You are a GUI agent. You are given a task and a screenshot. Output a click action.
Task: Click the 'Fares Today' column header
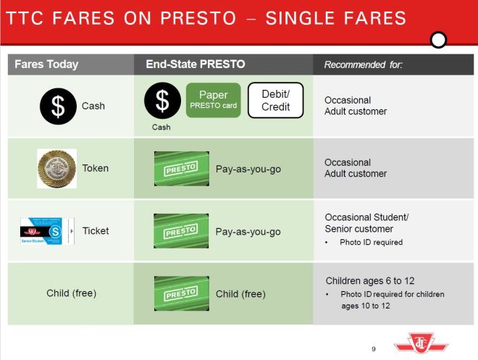(46, 64)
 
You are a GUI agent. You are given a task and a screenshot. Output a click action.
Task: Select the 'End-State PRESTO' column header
(195, 64)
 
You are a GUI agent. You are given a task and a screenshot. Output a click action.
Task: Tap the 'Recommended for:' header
(363, 64)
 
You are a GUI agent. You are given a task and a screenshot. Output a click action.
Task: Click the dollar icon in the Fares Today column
(57, 106)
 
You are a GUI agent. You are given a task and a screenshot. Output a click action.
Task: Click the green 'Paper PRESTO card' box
(213, 100)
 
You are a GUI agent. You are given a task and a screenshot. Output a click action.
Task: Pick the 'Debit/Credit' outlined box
(275, 101)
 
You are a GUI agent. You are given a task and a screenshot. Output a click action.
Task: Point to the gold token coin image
(56, 168)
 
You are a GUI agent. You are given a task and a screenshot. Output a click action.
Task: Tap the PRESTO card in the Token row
(181, 169)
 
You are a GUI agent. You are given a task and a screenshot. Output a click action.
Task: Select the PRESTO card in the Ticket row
(181, 232)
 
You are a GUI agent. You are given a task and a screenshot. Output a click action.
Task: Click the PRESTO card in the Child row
(181, 293)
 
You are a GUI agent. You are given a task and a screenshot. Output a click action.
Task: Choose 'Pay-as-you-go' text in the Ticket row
(248, 232)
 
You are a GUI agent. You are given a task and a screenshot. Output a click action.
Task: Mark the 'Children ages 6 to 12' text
(369, 280)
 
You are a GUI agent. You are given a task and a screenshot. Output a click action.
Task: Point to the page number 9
(374, 348)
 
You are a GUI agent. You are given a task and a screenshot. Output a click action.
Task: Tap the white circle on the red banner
(438, 40)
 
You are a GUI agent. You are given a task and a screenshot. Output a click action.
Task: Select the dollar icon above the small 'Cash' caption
(162, 101)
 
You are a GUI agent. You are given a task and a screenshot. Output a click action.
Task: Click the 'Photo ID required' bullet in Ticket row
(371, 242)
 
